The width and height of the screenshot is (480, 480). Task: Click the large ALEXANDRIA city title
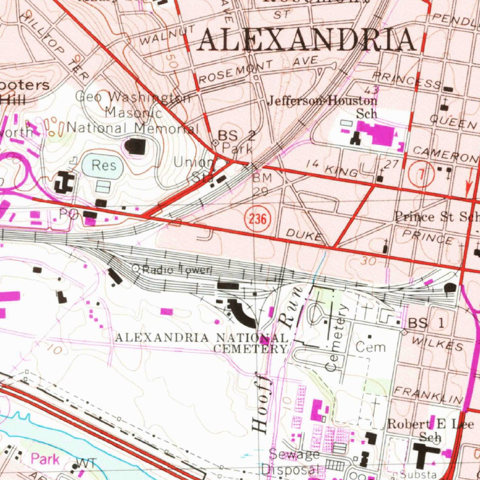307,39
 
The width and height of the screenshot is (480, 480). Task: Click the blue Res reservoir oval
103,165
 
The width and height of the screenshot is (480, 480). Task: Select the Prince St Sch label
436,216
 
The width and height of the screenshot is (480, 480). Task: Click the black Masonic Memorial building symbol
136,147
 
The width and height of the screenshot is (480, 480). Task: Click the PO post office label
69,214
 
